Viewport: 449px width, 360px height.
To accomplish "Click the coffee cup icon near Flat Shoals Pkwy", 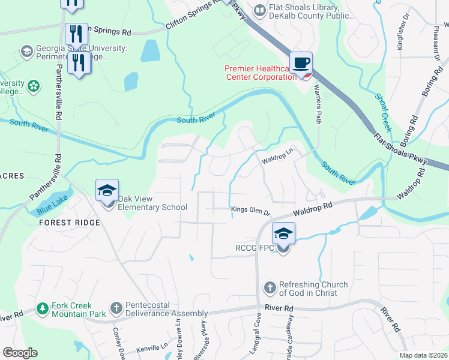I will pos(302,63).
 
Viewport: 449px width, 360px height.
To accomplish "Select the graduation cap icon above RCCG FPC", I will pos(283,233).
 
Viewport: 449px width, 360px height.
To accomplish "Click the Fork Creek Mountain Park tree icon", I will pos(43,309).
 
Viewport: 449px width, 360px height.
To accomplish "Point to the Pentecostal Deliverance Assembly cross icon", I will pos(116,309).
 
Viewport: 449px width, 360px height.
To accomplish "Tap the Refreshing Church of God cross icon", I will pos(270,289).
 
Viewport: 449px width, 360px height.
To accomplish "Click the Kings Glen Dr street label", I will pos(251,209).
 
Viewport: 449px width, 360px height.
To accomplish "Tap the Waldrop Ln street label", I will pos(276,160).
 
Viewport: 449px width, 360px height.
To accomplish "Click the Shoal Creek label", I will pos(383,112).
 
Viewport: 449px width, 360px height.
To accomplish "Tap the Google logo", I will pos(20,352).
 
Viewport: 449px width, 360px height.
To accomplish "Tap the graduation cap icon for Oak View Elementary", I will pos(107,191).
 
